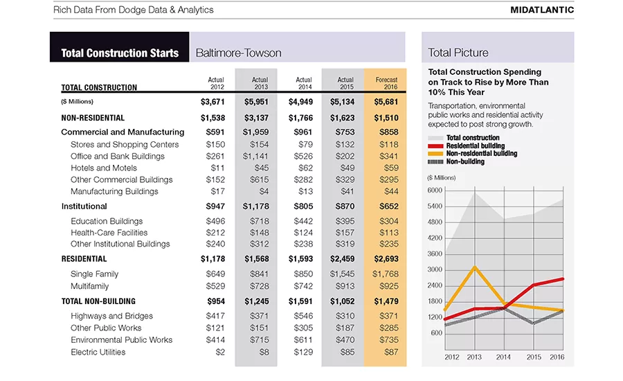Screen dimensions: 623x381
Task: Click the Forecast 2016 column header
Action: [x=386, y=83]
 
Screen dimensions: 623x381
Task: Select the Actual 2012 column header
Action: [x=216, y=83]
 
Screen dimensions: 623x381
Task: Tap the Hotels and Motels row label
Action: [x=104, y=168]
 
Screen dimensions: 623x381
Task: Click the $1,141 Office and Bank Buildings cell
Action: [x=255, y=157]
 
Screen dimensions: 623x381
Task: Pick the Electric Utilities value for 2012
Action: [x=220, y=352]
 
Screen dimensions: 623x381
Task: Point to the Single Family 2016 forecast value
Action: [x=386, y=274]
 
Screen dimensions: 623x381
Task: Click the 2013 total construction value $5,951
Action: [x=256, y=102]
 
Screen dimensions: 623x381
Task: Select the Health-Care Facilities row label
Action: [x=109, y=233]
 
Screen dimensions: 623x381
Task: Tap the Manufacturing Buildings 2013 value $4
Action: [x=264, y=191]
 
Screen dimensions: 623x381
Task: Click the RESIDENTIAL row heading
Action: [x=84, y=259]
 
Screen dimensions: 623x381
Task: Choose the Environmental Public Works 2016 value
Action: [x=388, y=340]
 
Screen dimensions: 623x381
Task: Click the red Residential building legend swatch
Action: [x=435, y=146]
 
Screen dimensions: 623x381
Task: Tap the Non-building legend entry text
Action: [x=465, y=161]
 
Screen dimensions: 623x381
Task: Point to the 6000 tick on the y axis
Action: [x=435, y=190]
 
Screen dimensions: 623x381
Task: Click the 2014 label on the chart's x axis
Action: [x=503, y=357]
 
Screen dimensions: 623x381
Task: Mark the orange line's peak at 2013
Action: [x=475, y=267]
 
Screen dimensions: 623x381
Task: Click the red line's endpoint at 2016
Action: [x=563, y=279]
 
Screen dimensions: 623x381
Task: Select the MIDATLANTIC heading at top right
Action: [x=542, y=10]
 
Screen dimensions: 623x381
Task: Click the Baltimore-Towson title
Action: [x=238, y=53]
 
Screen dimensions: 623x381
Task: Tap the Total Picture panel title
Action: [x=458, y=53]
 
